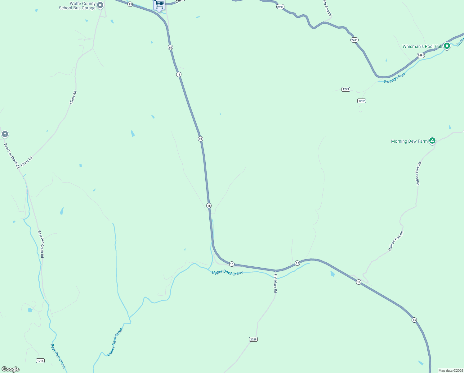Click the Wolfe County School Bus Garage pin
point(100,5)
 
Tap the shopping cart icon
point(159,4)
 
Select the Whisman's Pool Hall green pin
point(447,46)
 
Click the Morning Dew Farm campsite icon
point(432,140)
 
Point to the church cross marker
point(5,134)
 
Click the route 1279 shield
point(346,89)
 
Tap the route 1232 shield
point(361,101)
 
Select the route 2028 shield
point(253,339)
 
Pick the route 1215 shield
point(40,361)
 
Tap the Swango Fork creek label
point(395,78)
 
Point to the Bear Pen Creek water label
point(58,356)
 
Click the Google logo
point(11,369)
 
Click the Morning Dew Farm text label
point(409,141)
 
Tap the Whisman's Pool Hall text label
point(422,46)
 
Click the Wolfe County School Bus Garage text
point(77,6)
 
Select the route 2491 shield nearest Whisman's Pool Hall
point(421,55)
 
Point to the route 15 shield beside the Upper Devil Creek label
point(232,264)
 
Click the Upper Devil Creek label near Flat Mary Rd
point(227,273)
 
